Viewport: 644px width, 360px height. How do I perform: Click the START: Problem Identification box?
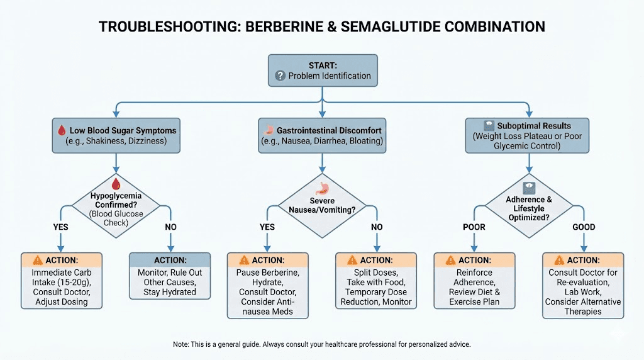pos(323,70)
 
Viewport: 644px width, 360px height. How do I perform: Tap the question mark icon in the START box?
pos(280,76)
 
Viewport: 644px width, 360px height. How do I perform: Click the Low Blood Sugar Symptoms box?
pos(116,135)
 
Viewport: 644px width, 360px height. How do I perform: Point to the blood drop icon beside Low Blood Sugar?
pos(62,131)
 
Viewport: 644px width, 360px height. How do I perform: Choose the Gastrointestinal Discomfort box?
pos(322,135)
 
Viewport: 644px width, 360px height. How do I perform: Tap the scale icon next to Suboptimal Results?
pos(487,125)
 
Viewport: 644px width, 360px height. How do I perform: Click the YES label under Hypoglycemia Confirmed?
pos(60,227)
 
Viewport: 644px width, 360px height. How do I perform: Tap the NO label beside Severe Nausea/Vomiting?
pos(377,227)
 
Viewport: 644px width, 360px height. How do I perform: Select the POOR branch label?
pos(474,227)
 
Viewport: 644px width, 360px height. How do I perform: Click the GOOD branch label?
pos(584,227)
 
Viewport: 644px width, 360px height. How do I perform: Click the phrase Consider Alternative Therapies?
pos(583,307)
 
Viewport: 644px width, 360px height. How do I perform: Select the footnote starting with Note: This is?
pos(321,345)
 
